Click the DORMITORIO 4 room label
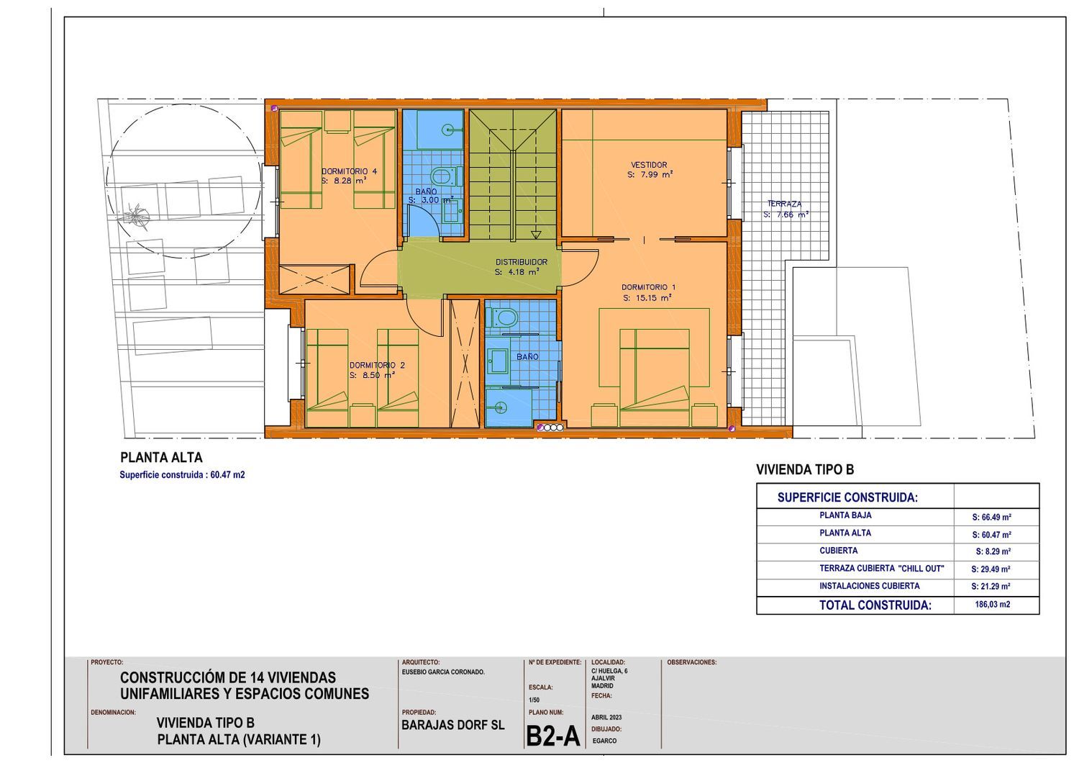pos(349,171)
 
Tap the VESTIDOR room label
pos(649,165)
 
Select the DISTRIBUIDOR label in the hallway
pos(522,262)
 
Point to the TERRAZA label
pos(784,204)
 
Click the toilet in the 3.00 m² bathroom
pos(445,176)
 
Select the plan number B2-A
pos(552,736)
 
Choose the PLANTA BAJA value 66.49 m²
pos(991,517)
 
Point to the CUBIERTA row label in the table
pos(838,551)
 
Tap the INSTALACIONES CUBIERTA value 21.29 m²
pos(991,587)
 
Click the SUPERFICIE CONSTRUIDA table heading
pos(847,497)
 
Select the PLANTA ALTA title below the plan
pos(161,457)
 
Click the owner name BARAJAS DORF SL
pos(452,725)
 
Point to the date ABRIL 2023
pos(606,718)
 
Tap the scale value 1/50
pos(534,700)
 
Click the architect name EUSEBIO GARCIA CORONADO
pos(443,672)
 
